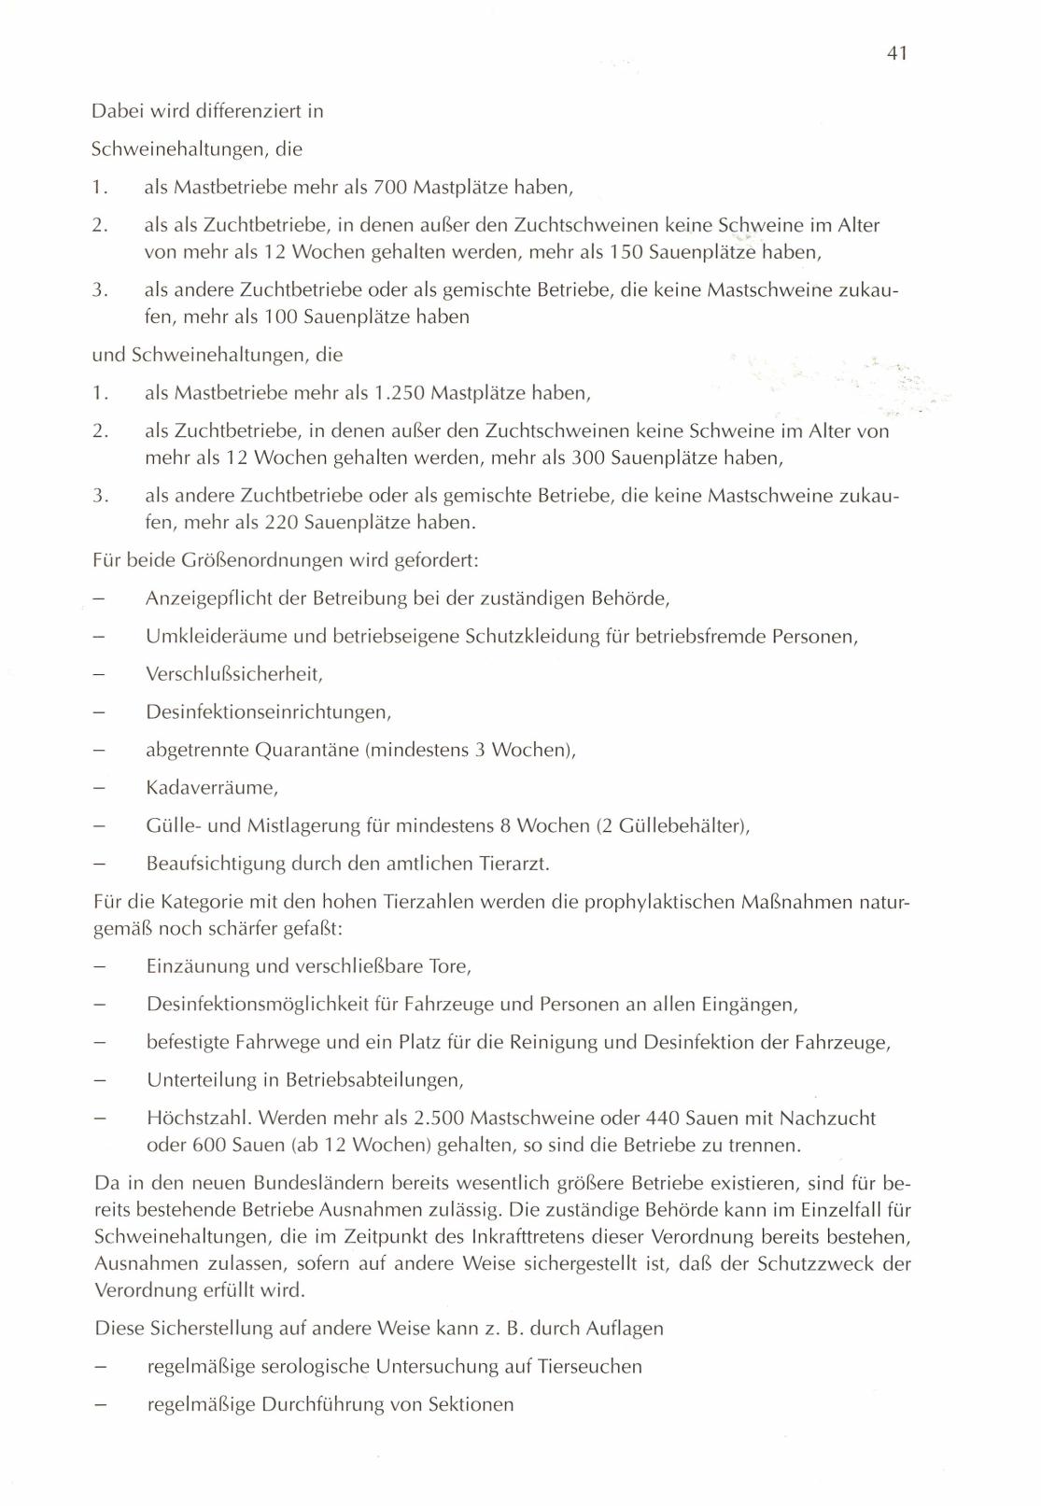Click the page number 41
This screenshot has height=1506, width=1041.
(x=896, y=53)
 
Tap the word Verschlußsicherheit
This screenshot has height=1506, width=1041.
(x=233, y=673)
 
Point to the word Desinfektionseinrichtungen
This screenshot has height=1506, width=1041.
(x=268, y=711)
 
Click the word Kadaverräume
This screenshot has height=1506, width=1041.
(x=212, y=787)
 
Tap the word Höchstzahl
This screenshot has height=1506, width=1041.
(x=198, y=1118)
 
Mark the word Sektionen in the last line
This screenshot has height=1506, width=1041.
(x=471, y=1404)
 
